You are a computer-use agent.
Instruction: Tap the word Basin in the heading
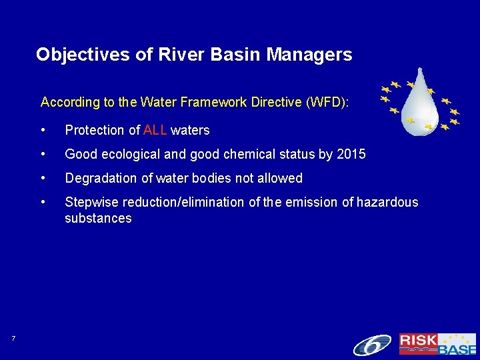coord(238,55)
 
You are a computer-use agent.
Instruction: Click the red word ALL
coord(155,130)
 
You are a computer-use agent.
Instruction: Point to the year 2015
coord(351,154)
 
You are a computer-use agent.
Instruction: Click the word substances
coord(98,218)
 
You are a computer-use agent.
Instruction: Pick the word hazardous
coord(387,202)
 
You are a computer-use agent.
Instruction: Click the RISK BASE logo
coord(437,344)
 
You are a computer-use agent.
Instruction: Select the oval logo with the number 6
coord(372,345)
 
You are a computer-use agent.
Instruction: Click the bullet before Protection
coord(43,130)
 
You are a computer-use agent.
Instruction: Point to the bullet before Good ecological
coord(43,154)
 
